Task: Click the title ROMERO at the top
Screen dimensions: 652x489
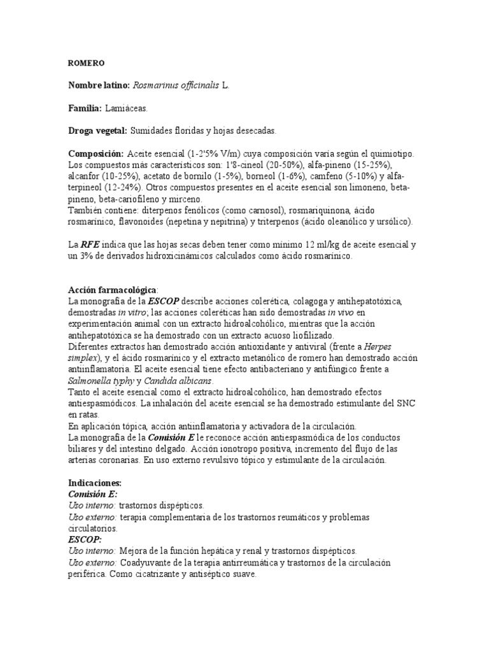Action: pyautogui.click(x=86, y=64)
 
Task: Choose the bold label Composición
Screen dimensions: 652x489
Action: pyautogui.click(x=96, y=153)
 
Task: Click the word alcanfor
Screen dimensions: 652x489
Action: pyautogui.click(x=84, y=176)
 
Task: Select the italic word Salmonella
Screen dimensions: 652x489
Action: pyautogui.click(x=91, y=381)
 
